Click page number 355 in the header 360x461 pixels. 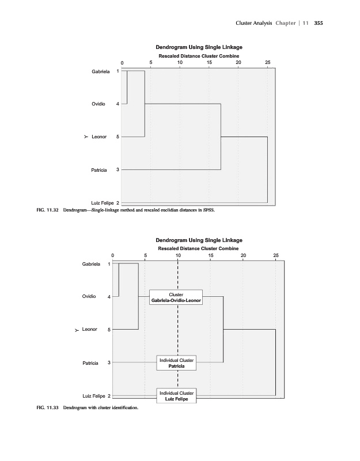point(317,22)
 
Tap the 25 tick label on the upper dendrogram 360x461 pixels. point(267,62)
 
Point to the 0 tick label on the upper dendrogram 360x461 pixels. point(122,62)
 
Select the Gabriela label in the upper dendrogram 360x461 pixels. point(101,71)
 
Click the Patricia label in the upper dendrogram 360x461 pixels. point(101,170)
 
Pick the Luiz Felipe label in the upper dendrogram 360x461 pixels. point(101,203)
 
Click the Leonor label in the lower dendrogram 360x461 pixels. point(89,330)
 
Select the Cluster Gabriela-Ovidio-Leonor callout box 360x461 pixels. point(176,297)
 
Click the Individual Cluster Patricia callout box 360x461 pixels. point(177,363)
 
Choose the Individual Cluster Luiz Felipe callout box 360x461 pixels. point(177,396)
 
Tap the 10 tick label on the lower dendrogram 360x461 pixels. point(178,255)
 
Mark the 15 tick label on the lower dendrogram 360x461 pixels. point(211,255)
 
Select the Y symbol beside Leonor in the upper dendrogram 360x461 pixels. point(85,137)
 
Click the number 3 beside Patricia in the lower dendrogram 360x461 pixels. point(109,362)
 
